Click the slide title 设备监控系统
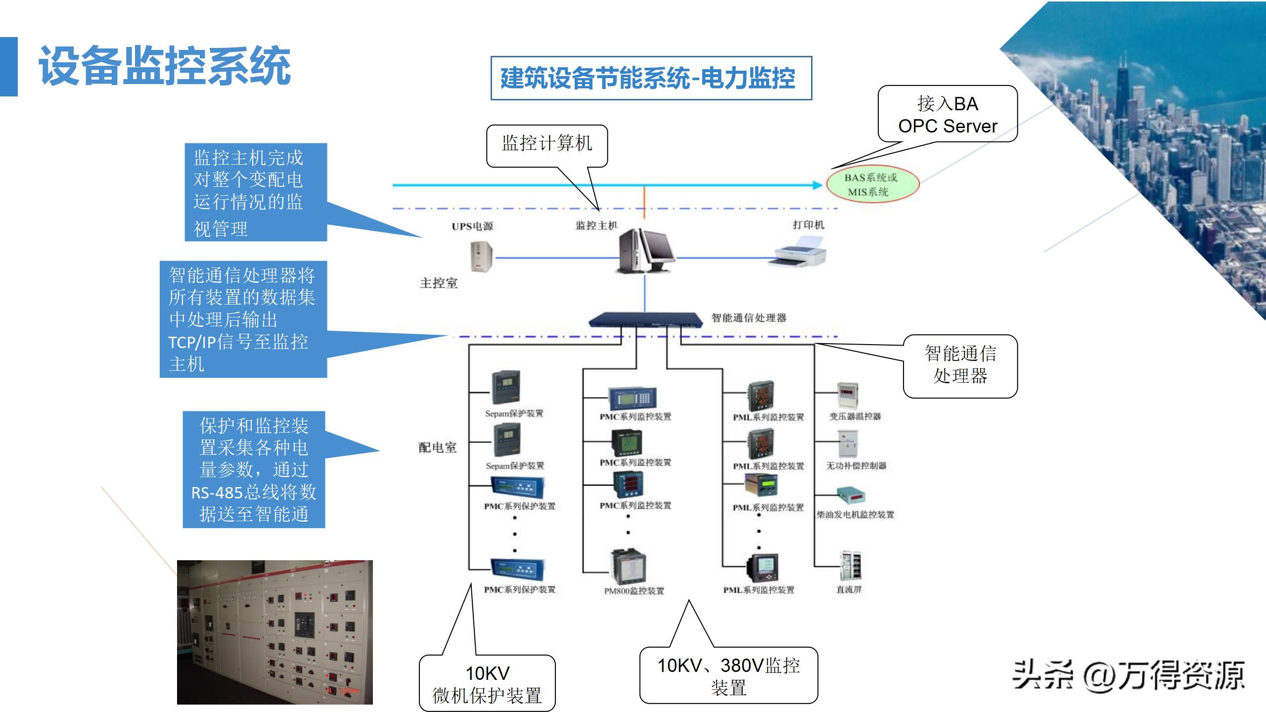164,66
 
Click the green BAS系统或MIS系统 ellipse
872,184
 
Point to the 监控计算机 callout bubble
546,144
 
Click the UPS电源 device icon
481,256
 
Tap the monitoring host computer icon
644,251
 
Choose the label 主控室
439,283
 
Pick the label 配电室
438,447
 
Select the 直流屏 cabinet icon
850,566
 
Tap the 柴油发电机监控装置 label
855,515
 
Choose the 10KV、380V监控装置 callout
728,675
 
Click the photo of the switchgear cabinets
274,632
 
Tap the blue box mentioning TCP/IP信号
243,319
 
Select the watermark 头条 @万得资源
1128,674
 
